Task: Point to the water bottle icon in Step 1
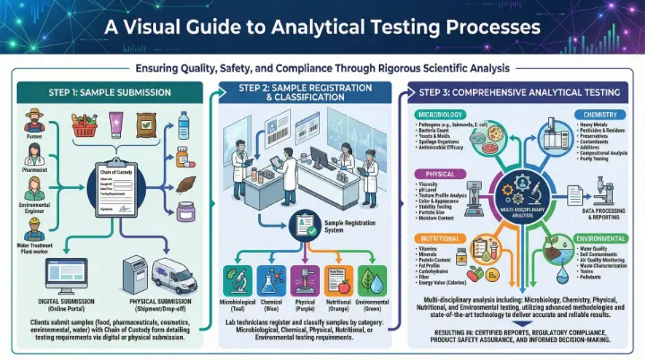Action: pyautogui.click(x=184, y=127)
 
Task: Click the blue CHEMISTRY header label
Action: pyautogui.click(x=602, y=114)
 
